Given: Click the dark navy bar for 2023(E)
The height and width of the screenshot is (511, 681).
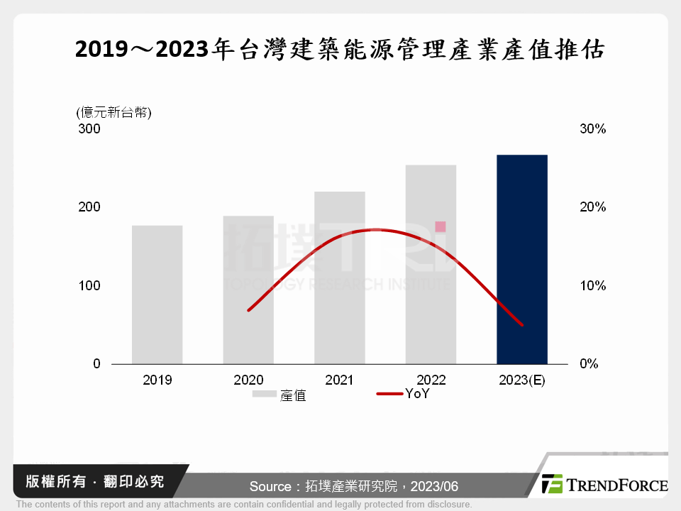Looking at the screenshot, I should pos(522,259).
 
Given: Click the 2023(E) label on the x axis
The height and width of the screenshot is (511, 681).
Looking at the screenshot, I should pos(522,380).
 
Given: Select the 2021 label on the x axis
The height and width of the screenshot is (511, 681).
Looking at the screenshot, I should pos(340,380).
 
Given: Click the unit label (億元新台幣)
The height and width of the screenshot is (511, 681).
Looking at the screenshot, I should pos(113,111).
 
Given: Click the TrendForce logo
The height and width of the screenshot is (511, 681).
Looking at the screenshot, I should pos(604,485).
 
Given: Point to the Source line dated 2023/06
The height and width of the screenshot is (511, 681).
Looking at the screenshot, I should pos(354,486).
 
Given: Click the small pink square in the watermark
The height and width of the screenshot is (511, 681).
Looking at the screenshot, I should pos(441,226).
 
